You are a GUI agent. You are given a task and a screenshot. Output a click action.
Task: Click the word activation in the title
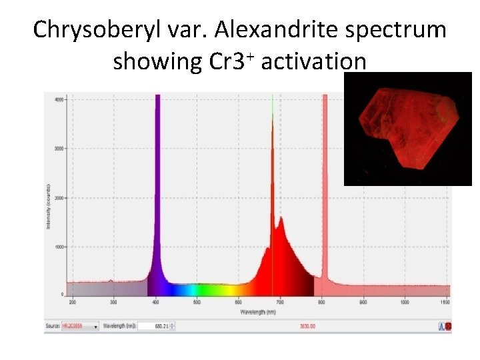(x=314, y=61)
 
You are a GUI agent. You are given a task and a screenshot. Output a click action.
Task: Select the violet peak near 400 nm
(x=158, y=187)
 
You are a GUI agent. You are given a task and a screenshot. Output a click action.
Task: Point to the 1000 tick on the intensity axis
(x=58, y=247)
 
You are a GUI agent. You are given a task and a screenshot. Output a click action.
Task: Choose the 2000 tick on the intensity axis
(x=58, y=198)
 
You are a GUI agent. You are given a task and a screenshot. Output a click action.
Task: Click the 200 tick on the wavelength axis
(x=73, y=302)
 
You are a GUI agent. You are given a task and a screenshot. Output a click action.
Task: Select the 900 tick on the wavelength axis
(x=363, y=302)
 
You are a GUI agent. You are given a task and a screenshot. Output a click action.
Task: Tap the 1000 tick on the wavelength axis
(x=404, y=302)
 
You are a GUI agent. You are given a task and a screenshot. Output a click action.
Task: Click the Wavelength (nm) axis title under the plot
(x=259, y=311)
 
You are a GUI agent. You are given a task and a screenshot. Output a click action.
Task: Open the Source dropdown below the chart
(x=80, y=326)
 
